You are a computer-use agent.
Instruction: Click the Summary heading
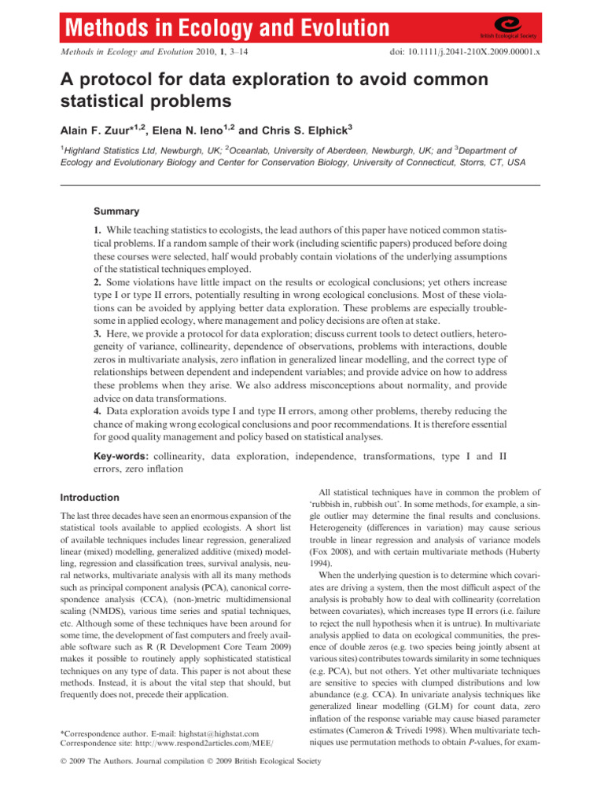tap(117, 211)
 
